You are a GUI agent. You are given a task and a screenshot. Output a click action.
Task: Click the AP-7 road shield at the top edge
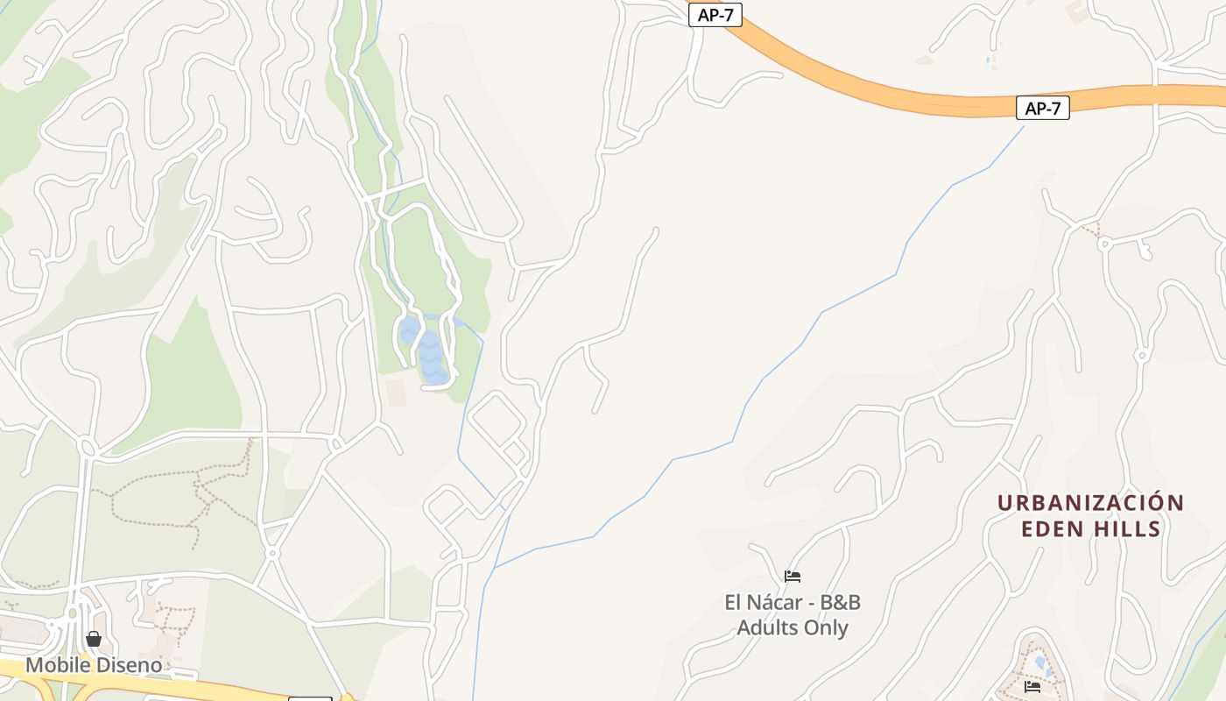715,15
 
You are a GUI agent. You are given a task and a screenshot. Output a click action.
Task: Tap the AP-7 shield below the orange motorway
1042,108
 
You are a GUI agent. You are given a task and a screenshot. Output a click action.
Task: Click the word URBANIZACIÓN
1090,503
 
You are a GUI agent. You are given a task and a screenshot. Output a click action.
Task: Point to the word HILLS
1127,528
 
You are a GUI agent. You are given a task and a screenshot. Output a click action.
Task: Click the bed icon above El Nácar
793,577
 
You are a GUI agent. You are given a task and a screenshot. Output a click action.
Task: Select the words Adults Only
793,627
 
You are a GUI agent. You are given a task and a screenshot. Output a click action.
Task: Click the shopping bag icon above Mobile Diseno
94,639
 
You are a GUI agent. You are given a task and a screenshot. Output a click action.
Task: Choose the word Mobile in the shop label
58,665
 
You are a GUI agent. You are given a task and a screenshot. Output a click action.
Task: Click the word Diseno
130,665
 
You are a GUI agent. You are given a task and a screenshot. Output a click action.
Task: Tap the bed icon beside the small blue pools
1032,686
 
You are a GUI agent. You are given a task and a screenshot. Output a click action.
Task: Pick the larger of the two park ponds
433,358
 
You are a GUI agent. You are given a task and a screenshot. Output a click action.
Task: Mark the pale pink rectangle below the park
397,393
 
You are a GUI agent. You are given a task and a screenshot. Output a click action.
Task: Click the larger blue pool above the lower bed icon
1039,662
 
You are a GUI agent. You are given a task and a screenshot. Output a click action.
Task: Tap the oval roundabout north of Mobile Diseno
87,448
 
